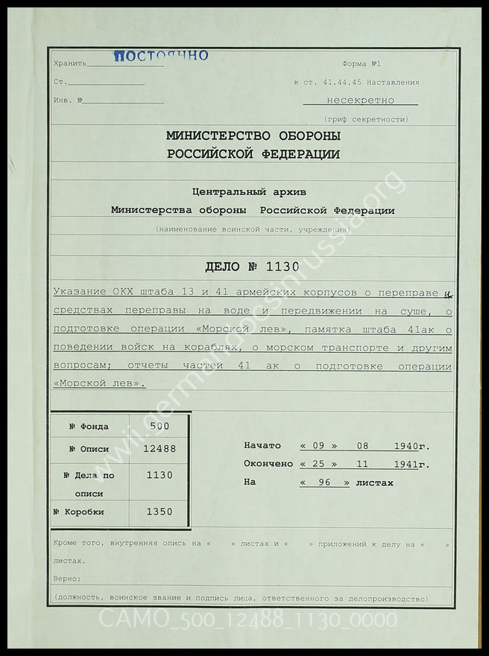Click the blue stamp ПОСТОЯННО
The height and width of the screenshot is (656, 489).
pyautogui.click(x=161, y=55)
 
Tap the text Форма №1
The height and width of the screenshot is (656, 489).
pyautogui.click(x=362, y=65)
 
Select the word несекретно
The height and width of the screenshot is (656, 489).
pyautogui.click(x=360, y=101)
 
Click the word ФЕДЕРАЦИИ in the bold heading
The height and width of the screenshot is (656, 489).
pyautogui.click(x=301, y=155)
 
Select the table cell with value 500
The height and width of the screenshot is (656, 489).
pyautogui.click(x=160, y=427)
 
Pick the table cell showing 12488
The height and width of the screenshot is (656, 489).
pyautogui.click(x=160, y=449)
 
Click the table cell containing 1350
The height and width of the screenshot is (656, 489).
pyautogui.click(x=160, y=512)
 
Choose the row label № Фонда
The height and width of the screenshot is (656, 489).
pyautogui.click(x=89, y=427)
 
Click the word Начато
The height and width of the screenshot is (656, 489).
pyautogui.click(x=262, y=446)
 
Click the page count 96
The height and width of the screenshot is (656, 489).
pyautogui.click(x=324, y=483)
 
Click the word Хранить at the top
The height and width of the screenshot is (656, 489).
pyautogui.click(x=70, y=65)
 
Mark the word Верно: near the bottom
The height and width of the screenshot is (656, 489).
pyautogui.click(x=67, y=578)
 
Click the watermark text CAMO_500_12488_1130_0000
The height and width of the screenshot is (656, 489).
pyautogui.click(x=249, y=619)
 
